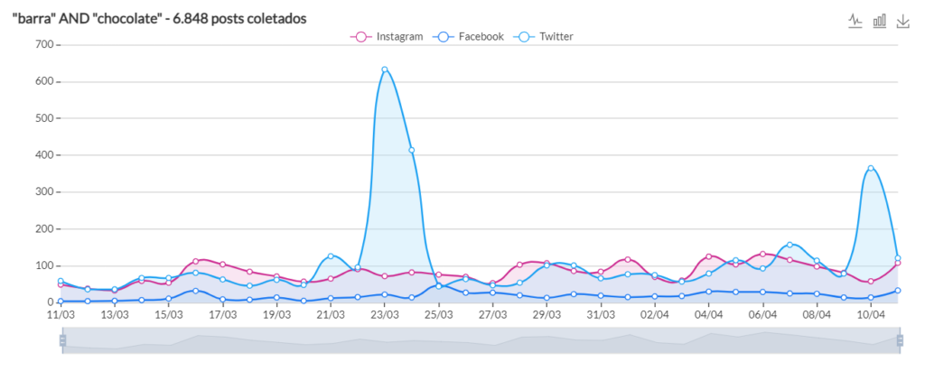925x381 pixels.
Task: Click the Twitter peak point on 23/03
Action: [x=385, y=70]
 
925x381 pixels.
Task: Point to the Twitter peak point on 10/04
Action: [x=871, y=168]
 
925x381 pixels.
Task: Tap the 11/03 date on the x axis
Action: [x=61, y=315]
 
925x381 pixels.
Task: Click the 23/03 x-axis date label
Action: [x=385, y=315]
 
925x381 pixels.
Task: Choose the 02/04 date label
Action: [x=655, y=315]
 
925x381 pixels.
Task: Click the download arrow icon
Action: [x=902, y=21]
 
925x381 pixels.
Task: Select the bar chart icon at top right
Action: [x=879, y=21]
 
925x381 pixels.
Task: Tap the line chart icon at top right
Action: [x=855, y=21]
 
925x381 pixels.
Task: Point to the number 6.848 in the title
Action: [x=193, y=18]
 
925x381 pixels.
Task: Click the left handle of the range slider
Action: [x=62, y=339]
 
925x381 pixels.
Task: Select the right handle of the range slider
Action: [x=900, y=339]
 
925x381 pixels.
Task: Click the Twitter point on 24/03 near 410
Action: [x=412, y=151]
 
